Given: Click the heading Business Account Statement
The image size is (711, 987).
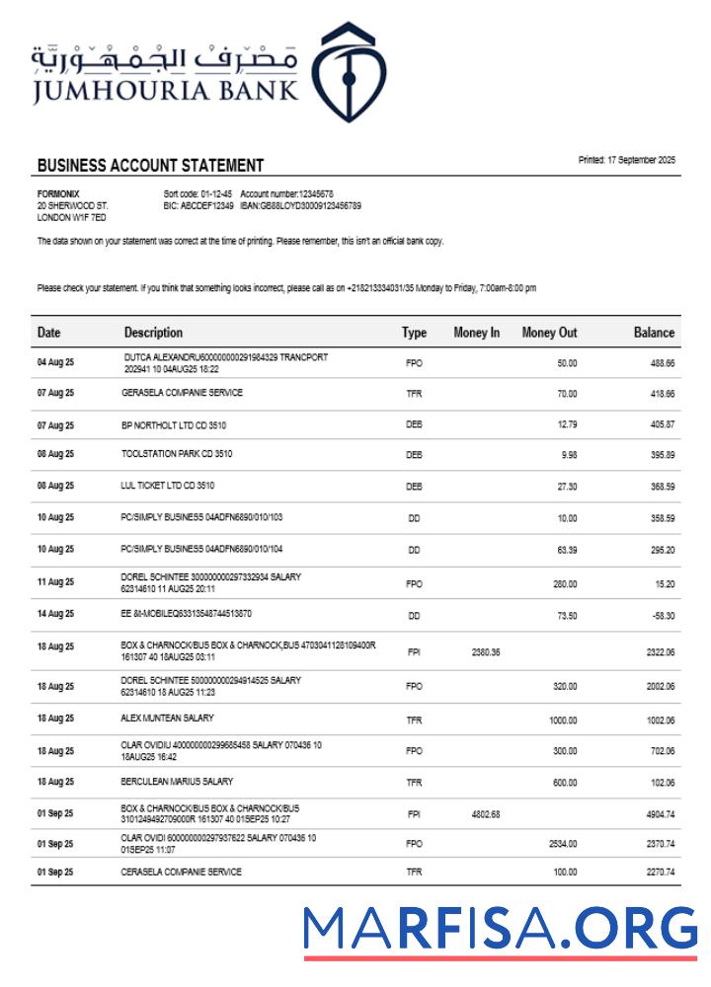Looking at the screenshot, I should (150, 166).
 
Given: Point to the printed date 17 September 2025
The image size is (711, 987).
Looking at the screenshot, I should (627, 160).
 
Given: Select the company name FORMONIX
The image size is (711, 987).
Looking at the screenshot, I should (58, 193).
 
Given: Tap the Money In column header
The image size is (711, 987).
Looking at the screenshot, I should (476, 334).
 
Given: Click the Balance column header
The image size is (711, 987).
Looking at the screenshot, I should (654, 334).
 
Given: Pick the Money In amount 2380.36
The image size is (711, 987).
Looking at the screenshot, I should (486, 652).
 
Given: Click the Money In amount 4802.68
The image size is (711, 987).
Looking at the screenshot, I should (486, 814).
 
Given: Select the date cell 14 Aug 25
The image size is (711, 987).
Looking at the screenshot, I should (55, 615).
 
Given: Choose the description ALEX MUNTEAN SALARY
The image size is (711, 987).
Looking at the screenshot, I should (167, 719).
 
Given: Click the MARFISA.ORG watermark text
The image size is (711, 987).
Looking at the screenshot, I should (500, 929).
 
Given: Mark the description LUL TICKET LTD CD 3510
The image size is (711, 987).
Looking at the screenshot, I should (167, 486).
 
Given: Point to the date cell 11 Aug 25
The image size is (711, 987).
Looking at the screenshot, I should (55, 583).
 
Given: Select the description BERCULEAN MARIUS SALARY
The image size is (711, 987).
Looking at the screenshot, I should (177, 782).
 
